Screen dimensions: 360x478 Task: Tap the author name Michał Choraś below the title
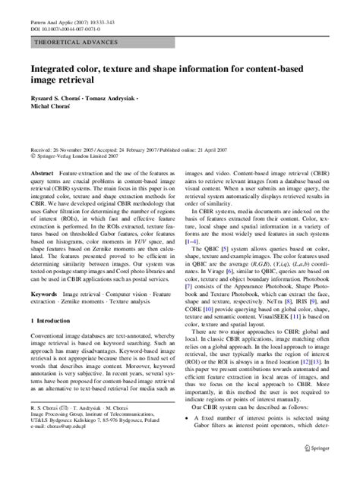[x=49, y=120]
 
